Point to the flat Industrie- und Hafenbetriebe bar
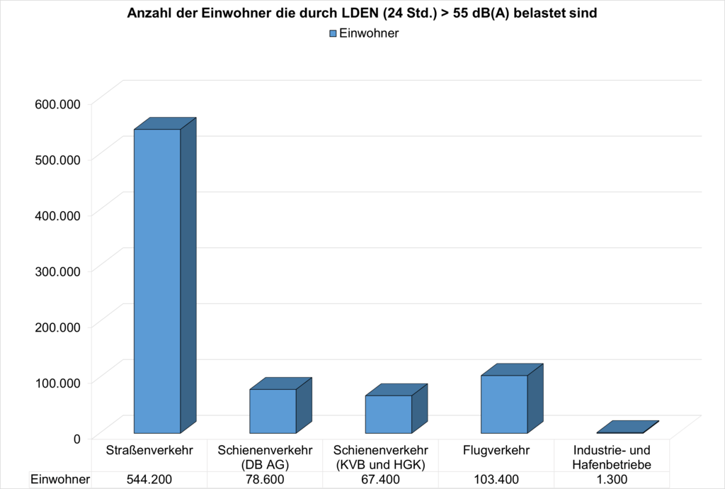(627, 427)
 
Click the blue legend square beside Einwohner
(333, 34)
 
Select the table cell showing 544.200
(149, 480)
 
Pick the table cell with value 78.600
(265, 480)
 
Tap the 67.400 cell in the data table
(380, 480)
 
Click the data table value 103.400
(496, 480)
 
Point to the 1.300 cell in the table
(612, 480)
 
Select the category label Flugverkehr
(496, 451)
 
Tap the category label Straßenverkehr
(149, 451)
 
